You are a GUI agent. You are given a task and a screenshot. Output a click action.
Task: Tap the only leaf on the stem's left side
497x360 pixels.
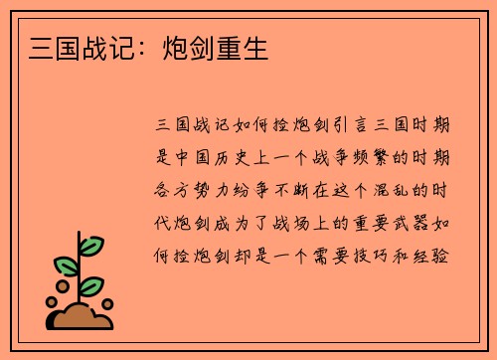tap(65, 267)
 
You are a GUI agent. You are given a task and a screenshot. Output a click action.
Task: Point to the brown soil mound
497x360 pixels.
tap(82, 316)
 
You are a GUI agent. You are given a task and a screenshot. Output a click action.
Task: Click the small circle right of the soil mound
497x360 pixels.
tap(108, 305)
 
